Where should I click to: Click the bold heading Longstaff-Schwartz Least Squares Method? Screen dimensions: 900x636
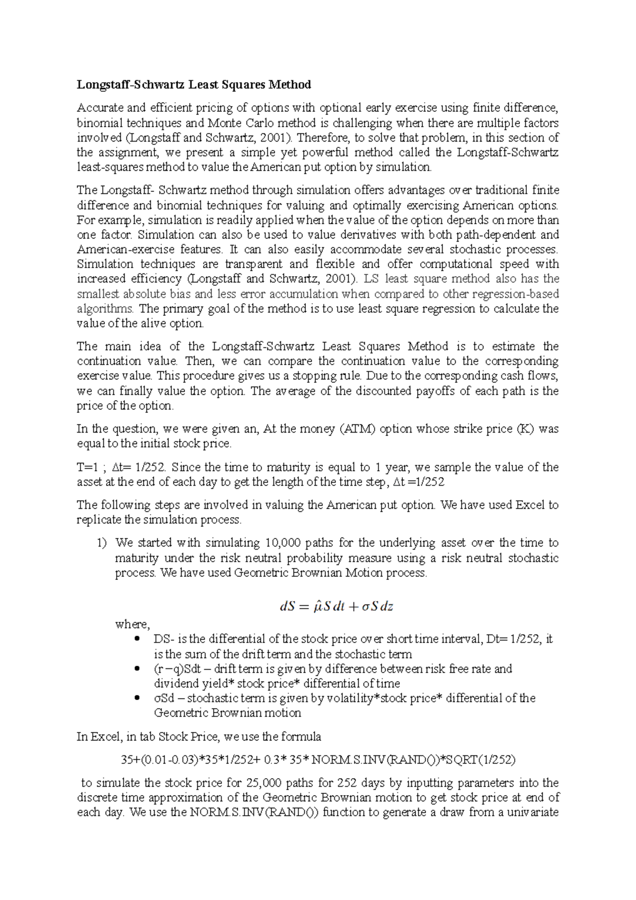(x=194, y=85)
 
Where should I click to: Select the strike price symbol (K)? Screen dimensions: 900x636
(x=523, y=429)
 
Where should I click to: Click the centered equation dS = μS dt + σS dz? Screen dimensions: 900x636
(x=336, y=606)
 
